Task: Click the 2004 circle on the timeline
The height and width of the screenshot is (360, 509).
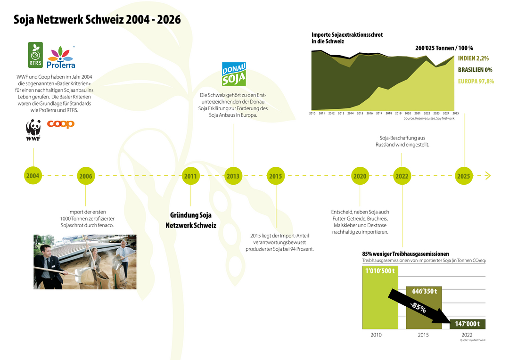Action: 33,176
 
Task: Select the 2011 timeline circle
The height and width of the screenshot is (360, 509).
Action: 190,176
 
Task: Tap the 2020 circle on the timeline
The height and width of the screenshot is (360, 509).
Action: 360,176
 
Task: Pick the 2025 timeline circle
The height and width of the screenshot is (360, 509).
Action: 464,176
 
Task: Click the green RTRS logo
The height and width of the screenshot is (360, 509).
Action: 35,55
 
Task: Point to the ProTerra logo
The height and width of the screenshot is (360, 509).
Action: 61,57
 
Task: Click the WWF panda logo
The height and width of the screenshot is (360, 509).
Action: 33,130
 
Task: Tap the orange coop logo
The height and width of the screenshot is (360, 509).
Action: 61,124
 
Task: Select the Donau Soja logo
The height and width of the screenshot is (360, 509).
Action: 234,74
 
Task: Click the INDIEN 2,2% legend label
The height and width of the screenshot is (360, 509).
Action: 473,58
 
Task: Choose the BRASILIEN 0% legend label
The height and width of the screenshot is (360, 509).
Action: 475,70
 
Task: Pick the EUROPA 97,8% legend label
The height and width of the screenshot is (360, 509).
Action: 476,81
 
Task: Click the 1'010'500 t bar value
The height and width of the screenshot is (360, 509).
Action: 380,271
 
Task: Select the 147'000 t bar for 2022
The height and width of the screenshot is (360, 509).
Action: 468,324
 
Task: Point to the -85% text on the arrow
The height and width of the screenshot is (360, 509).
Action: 418,307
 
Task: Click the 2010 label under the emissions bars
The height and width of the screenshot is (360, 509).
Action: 376,335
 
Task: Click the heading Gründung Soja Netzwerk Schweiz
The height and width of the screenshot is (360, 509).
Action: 191,220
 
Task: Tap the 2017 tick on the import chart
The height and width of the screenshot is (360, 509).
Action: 379,113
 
